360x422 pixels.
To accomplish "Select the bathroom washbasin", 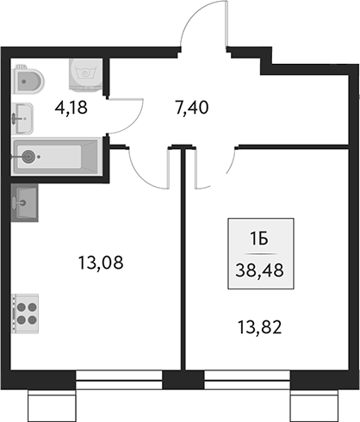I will pos(24,114).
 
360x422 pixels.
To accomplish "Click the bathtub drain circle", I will pos(31,157).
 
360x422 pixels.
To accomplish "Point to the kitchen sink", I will pos(26,203).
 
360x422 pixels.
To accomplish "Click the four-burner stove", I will pos(26,312).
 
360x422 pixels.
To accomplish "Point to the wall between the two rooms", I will pos(183,258).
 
